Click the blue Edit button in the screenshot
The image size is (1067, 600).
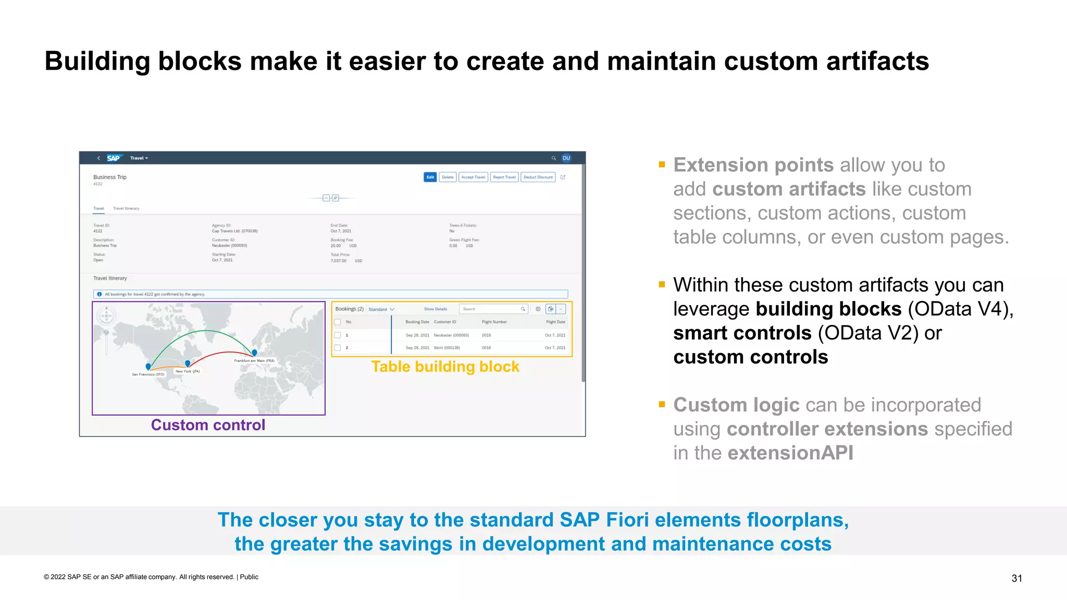(430, 177)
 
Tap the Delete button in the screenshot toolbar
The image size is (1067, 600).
(448, 177)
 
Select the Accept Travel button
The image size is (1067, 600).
(473, 177)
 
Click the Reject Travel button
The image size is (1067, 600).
(504, 177)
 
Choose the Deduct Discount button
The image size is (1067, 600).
(538, 177)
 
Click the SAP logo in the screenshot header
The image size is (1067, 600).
(114, 158)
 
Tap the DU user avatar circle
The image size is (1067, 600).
(566, 158)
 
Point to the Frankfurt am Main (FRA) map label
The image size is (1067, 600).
(254, 360)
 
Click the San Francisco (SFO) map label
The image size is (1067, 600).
(148, 374)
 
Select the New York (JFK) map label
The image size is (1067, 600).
(188, 371)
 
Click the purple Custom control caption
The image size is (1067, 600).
(208, 425)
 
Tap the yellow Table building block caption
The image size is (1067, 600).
(445, 367)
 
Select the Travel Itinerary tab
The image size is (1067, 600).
(126, 208)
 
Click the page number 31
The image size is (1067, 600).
(1016, 578)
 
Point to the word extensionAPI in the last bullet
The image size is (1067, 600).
(790, 453)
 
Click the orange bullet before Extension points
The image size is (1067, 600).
(662, 165)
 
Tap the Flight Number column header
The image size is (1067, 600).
(494, 322)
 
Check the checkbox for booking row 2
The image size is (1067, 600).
(338, 347)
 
